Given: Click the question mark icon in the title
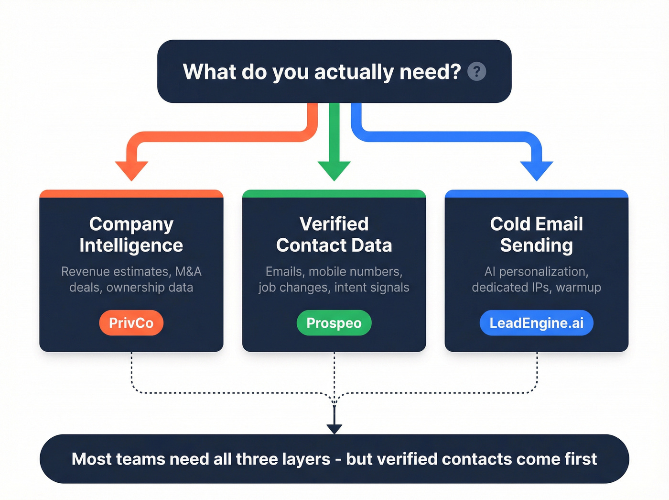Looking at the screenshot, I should click(476, 72).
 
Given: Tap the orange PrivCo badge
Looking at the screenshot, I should click(131, 323).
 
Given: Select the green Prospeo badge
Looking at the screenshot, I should click(334, 323).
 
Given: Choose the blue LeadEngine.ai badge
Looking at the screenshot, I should click(536, 323).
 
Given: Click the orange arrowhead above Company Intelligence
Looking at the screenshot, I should click(131, 170).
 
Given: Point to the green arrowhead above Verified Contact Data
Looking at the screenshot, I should click(334, 170).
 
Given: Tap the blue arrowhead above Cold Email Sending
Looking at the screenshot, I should click(536, 170).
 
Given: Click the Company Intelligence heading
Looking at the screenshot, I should click(131, 234).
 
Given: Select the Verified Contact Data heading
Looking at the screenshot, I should click(334, 234).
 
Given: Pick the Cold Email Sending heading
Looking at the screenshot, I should click(536, 234).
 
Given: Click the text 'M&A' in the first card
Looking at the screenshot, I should click(188, 272).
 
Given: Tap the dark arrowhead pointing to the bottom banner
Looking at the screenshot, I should click(334, 429).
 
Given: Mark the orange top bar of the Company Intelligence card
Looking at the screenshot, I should click(131, 194).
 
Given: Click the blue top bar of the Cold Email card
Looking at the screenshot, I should click(536, 194).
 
